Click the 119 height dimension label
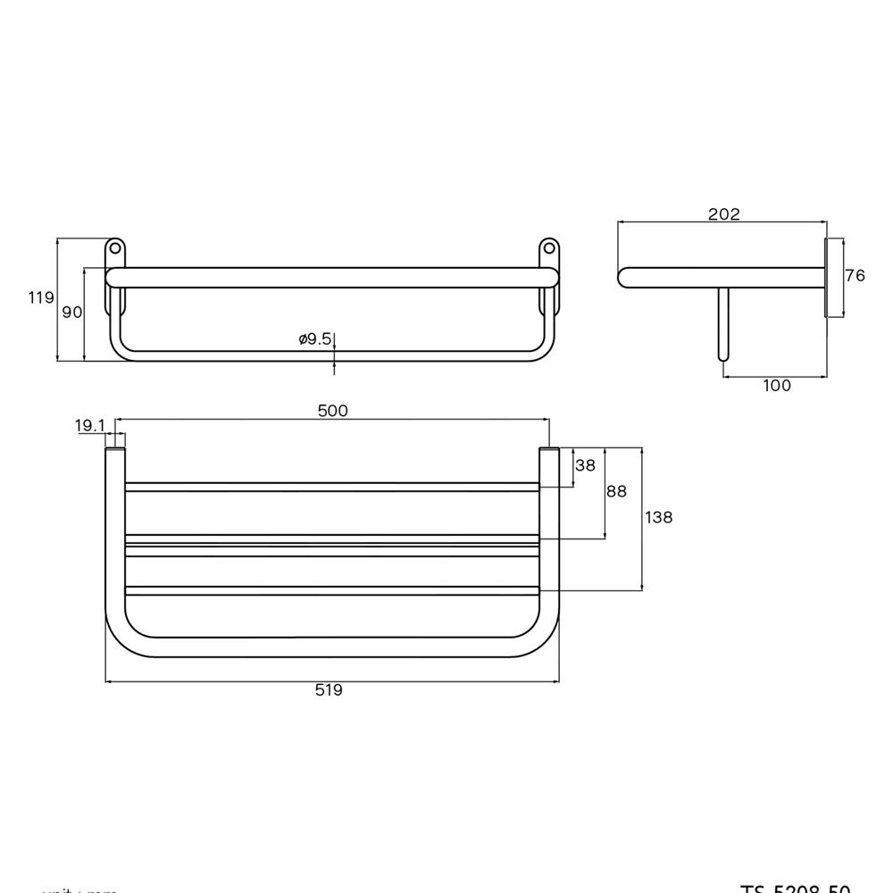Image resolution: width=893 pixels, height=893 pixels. coord(41,298)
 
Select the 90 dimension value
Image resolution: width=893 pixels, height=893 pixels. coord(71,313)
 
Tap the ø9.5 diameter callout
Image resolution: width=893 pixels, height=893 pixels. coord(315,338)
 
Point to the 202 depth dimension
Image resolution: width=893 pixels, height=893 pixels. coord(723,214)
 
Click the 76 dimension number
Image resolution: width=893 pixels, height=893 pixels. coord(855,276)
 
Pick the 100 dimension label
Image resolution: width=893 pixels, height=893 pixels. coord(777,386)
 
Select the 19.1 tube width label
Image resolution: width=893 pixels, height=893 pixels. coord(89,426)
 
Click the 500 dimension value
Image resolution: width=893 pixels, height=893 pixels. coord(332,411)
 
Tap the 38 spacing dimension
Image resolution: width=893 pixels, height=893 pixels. coord(585,465)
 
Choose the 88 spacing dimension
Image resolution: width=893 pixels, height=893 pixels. coord(616,491)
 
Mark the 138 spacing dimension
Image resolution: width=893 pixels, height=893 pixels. coord(658,517)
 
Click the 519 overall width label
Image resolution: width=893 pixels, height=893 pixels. coord(329,689)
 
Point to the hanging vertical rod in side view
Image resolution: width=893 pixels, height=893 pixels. coord(723,323)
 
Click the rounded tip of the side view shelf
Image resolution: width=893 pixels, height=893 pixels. coord(624,277)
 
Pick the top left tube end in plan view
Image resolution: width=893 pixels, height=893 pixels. coord(115,454)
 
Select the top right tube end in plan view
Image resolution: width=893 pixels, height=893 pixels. coord(549,454)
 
